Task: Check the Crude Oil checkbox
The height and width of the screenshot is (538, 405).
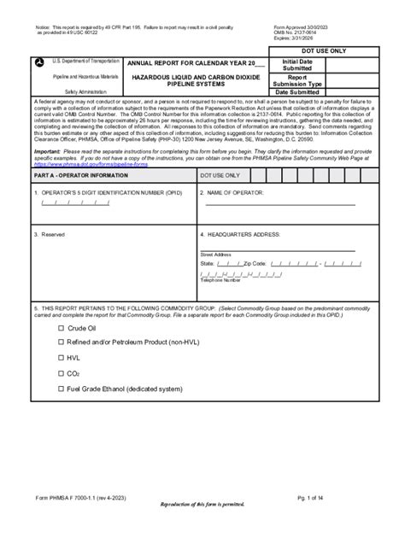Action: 61,328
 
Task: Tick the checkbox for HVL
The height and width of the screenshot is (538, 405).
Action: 61,359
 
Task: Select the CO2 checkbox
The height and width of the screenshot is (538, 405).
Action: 61,374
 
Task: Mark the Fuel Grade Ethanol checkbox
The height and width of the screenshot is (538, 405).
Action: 61,389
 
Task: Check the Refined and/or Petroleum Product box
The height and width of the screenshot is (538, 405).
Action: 61,343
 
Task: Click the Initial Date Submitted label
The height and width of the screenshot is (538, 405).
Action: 296,65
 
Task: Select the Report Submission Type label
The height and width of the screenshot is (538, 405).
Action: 296,80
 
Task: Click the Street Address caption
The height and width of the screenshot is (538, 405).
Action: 215,254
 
